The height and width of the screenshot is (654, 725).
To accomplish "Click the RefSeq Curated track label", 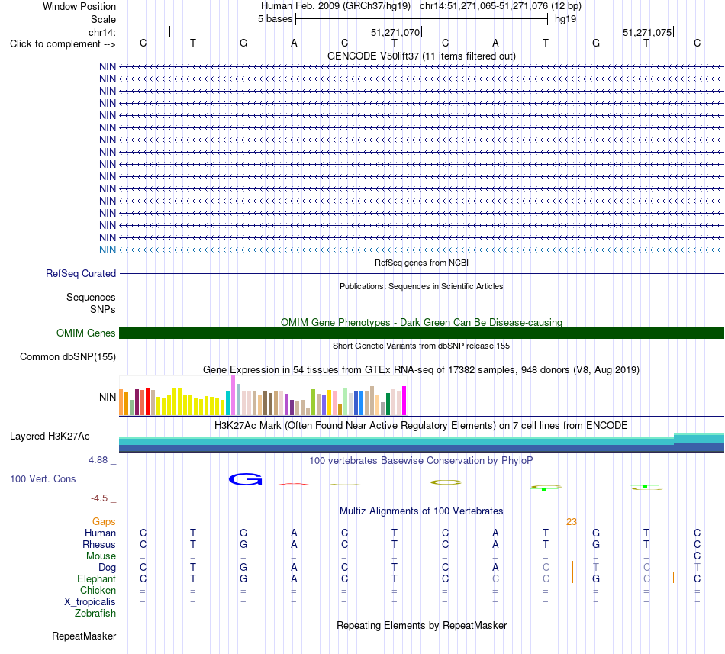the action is [81, 274].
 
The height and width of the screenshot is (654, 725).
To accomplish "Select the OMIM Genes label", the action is [86, 333].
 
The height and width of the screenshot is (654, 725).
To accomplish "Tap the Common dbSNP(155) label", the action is [68, 357].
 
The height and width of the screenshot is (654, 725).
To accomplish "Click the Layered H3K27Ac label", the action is [50, 437].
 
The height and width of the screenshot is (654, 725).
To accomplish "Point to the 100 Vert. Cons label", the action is [43, 478].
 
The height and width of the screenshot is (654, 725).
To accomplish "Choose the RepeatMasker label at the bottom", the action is [84, 636].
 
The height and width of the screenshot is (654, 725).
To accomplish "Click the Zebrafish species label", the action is [95, 614].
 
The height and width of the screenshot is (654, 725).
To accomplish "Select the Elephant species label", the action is [97, 578].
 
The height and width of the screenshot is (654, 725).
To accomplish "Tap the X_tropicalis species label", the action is [90, 602].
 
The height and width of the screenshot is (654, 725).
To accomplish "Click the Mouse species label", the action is [101, 556].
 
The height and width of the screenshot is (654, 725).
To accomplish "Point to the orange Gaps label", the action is [104, 521].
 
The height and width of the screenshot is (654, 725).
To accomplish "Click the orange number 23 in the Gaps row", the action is [572, 522].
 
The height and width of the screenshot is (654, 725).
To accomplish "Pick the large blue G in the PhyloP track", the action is [246, 479].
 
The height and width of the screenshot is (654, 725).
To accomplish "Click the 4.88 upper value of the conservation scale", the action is [98, 460].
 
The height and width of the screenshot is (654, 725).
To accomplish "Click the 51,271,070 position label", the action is [395, 32].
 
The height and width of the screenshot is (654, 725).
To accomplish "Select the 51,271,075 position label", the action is [647, 32].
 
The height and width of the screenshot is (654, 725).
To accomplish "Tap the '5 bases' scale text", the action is [275, 19].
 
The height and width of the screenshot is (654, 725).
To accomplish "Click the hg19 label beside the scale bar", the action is [565, 19].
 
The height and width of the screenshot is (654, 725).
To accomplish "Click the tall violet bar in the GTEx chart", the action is [233, 395].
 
